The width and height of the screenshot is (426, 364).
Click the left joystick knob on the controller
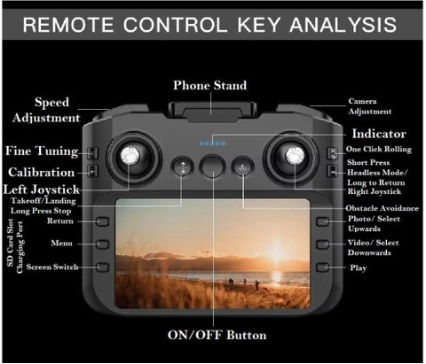tap(130, 155)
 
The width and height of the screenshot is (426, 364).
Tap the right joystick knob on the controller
tap(295, 155)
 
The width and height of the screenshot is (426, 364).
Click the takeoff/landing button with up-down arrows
tap(182, 167)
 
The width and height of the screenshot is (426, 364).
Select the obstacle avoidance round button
tap(242, 167)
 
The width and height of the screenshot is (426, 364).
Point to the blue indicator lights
tap(212, 143)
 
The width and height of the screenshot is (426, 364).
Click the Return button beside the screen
tap(103, 221)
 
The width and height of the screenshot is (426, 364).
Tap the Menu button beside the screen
tap(103, 244)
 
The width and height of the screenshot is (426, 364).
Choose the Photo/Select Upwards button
tap(322, 221)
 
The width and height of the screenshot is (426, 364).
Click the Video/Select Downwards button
tap(322, 244)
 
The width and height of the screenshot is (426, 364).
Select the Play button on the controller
tap(322, 267)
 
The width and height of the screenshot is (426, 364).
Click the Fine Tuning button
tap(93, 153)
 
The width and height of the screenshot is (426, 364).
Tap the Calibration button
tap(93, 171)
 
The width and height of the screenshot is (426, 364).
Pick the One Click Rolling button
tap(333, 153)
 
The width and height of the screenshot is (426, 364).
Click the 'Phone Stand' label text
tap(209, 85)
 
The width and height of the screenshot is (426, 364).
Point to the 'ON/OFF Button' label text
tap(217, 335)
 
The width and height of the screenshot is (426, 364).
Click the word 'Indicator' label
tap(379, 134)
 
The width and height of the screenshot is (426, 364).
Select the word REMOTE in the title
tap(68, 25)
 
